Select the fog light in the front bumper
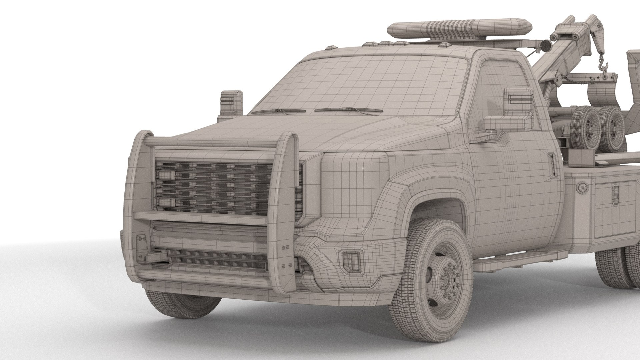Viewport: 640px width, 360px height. point(350,260)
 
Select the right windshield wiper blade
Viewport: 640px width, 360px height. point(348,110)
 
